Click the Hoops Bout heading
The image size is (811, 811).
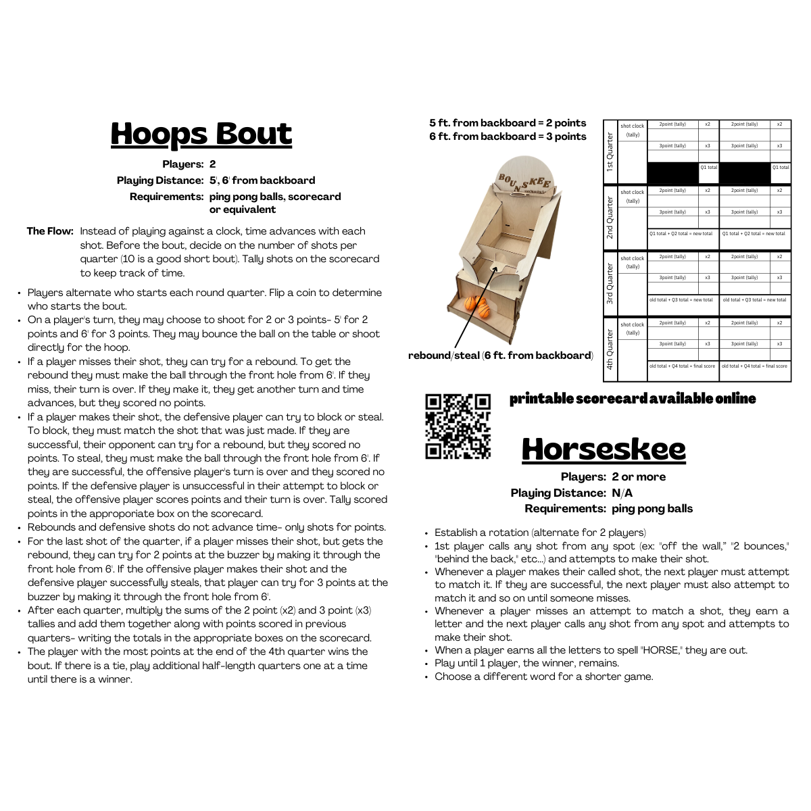[x=201, y=134]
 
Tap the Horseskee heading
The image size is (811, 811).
[x=604, y=449]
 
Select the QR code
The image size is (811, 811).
[x=458, y=426]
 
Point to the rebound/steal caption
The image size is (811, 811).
[x=500, y=355]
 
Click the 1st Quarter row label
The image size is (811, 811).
[x=610, y=152]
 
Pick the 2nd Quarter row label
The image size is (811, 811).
[x=610, y=218]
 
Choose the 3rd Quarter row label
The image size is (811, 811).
[x=610, y=285]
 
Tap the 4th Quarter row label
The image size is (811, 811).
[x=610, y=350]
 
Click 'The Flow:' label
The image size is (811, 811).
[x=50, y=231]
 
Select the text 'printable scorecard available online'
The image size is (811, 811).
[x=632, y=399]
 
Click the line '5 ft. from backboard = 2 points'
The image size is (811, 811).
[x=508, y=123]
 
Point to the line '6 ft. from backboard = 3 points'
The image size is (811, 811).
[x=508, y=137]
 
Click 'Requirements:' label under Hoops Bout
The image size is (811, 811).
[x=166, y=197]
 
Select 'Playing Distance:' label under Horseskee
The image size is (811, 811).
[x=558, y=493]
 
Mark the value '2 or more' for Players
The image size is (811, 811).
[x=639, y=476]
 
